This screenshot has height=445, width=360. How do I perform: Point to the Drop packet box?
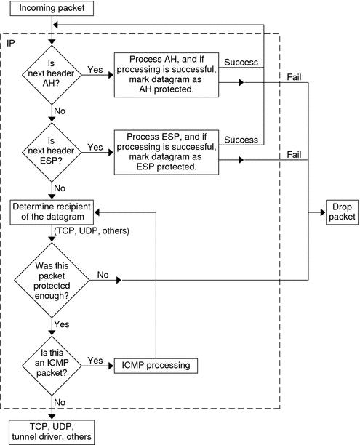[340, 212]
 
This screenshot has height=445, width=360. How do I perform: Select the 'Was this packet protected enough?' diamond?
[52, 278]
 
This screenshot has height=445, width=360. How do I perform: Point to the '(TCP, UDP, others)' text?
[91, 230]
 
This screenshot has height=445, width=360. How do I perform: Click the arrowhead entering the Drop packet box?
[319, 212]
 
